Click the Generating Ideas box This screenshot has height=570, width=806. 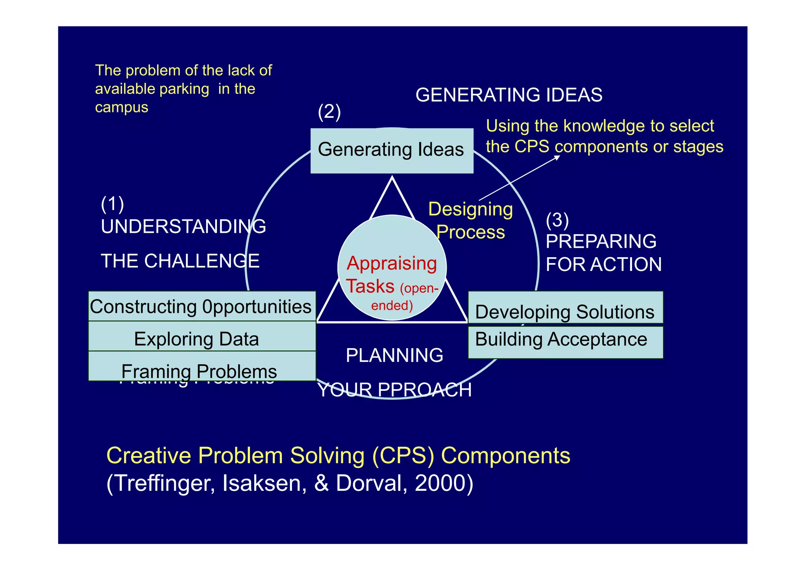392,150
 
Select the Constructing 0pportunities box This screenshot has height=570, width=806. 201,306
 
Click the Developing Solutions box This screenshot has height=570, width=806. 565,311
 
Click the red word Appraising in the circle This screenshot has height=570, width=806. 392,263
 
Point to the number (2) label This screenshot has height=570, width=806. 329,112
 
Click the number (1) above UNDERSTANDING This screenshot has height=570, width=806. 112,204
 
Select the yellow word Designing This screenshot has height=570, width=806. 470,209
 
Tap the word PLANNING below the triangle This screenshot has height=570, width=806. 394,355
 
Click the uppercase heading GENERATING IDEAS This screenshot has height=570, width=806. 508,95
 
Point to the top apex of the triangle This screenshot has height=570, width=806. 392,178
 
